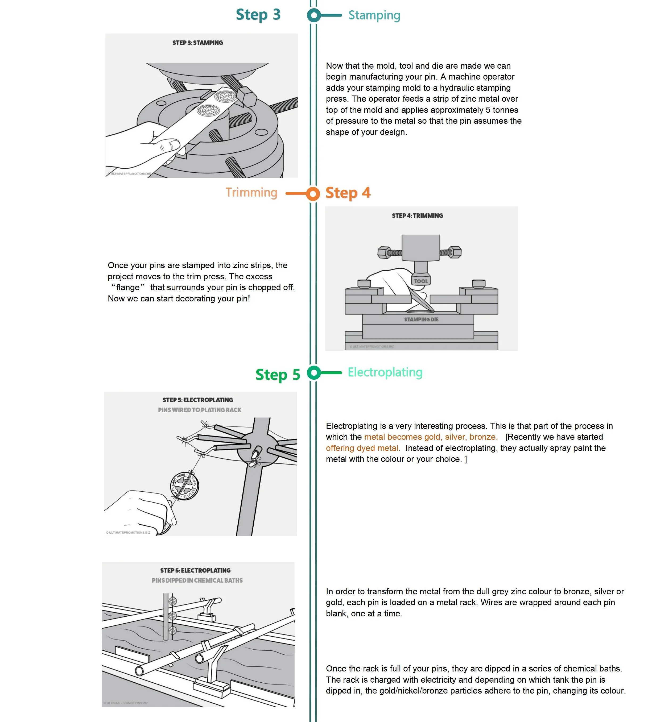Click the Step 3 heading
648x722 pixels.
258,15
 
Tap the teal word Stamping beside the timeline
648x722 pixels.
374,15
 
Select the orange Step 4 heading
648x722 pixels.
348,193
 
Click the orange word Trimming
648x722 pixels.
251,193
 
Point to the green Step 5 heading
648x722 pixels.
278,375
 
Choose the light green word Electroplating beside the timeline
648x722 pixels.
385,372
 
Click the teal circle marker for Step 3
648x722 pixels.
314,15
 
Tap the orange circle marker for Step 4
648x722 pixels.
313,194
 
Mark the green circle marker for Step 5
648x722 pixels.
314,373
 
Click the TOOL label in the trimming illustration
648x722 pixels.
421,281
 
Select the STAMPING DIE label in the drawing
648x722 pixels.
421,319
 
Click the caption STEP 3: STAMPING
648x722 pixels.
198,43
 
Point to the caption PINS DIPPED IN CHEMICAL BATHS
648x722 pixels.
197,580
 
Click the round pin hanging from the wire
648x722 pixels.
184,486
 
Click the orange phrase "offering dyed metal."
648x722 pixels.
363,448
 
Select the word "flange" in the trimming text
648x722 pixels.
127,288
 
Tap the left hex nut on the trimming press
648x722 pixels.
384,252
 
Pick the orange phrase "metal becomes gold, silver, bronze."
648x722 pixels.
431,437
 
